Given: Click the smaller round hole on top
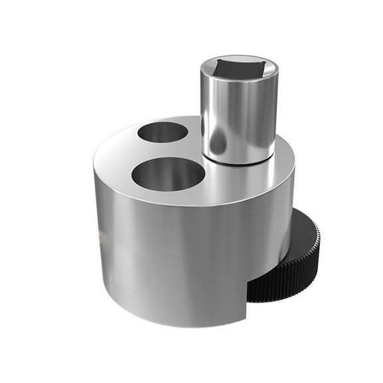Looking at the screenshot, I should point(162,132).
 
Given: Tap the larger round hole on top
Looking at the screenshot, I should point(168,174).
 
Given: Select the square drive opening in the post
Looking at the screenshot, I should point(238,67).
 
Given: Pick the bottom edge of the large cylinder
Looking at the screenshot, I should point(173,318).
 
